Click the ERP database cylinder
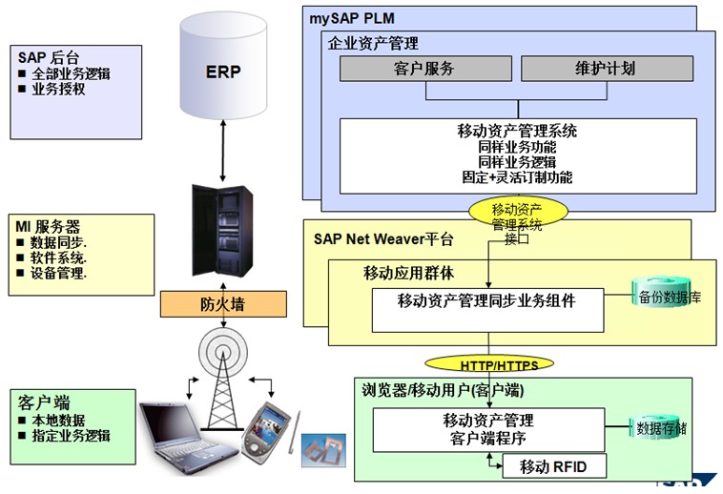coord(223,66)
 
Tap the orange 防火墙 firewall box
coord(223,304)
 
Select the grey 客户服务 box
coord(425,69)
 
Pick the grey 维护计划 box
coord(607,69)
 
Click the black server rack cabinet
coord(222,231)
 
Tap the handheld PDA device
coord(266,430)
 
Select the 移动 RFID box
coord(554,466)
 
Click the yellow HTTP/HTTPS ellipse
coord(488,364)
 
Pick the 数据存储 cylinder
coord(660,427)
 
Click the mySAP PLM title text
coord(352,18)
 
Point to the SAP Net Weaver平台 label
coord(383,238)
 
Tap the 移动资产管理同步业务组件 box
coord(487,310)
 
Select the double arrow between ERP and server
coord(223,151)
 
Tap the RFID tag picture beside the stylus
coord(323,450)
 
